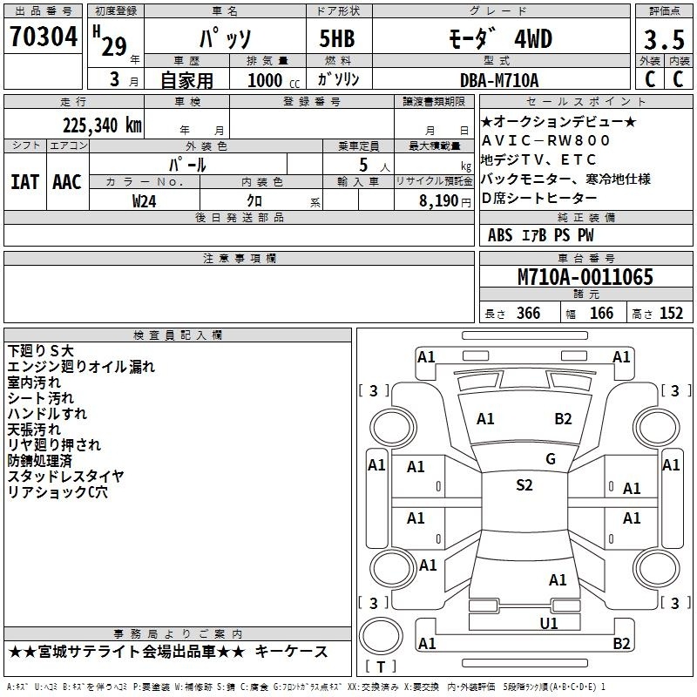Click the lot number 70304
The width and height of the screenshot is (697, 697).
[44, 37]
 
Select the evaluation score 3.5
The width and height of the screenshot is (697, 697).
[664, 39]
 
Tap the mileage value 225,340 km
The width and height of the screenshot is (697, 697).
[102, 125]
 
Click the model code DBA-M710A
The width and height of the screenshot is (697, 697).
[499, 80]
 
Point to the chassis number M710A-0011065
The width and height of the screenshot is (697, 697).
[585, 277]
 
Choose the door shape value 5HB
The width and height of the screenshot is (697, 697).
[337, 38]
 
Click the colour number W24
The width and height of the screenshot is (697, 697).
[144, 201]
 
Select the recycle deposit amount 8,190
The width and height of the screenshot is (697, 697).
[438, 201]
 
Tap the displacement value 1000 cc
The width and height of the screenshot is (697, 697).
[274, 81]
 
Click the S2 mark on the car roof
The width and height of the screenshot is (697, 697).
[524, 485]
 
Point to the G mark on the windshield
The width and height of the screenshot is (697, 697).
[551, 459]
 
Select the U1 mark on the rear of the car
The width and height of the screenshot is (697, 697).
[549, 623]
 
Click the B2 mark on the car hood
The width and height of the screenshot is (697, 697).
[563, 419]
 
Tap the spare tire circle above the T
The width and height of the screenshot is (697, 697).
[381, 635]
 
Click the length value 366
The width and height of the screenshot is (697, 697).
[529, 314]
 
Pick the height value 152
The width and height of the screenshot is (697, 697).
[671, 314]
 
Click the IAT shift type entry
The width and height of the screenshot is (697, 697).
[25, 182]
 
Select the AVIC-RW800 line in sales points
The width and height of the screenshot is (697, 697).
[546, 140]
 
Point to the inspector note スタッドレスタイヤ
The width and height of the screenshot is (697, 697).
[66, 476]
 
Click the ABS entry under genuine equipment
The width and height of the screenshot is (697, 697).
[500, 235]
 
